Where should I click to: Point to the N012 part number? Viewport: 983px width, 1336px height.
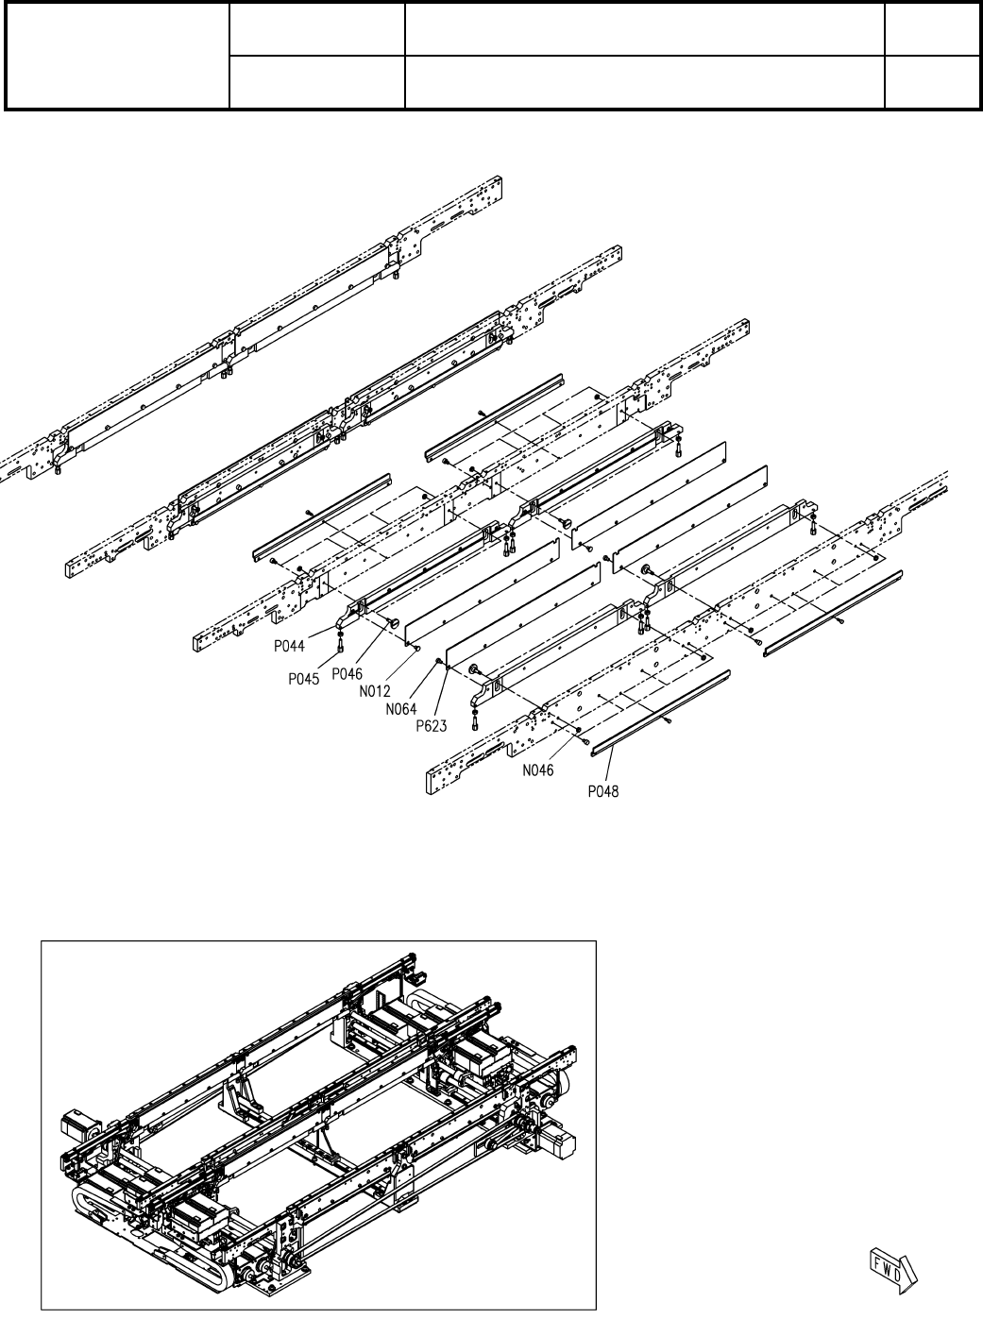coord(377,690)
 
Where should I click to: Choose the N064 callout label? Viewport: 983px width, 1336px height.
coord(402,708)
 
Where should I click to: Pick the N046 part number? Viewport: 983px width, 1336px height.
coord(539,770)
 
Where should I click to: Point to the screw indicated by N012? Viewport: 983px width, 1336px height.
coord(417,647)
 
